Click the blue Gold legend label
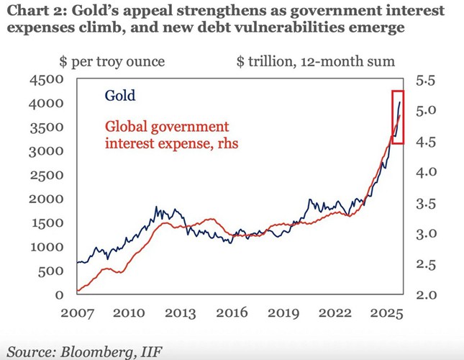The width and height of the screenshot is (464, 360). tap(120, 95)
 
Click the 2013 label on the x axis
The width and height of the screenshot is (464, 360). tap(180, 313)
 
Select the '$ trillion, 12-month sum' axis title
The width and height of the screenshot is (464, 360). tap(315, 61)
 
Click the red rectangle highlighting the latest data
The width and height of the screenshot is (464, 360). tap(398, 117)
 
